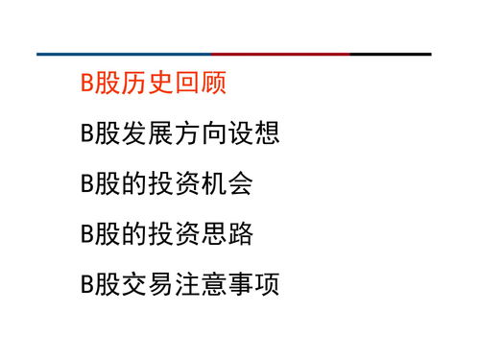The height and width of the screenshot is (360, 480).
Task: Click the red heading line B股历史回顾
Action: point(154,84)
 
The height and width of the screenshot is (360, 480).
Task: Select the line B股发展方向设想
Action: point(180,133)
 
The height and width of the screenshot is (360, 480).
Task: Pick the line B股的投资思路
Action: point(167,233)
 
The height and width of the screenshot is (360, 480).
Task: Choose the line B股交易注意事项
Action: point(180,284)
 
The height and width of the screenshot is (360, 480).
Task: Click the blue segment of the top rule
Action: point(124,54)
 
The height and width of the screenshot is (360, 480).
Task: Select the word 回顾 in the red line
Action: point(203,84)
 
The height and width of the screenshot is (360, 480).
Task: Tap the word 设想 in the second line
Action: point(254,133)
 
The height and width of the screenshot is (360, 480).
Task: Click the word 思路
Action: point(228,233)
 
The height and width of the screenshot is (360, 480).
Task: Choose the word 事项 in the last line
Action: point(254,284)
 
